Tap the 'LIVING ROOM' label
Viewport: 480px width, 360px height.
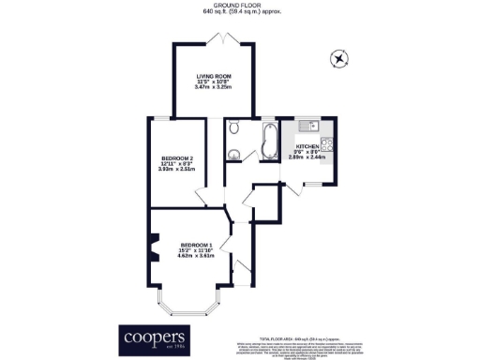(214, 78)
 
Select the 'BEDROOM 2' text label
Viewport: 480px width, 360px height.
(177, 157)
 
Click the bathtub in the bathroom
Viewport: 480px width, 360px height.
(269, 142)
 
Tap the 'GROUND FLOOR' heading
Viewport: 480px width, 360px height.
(239, 5)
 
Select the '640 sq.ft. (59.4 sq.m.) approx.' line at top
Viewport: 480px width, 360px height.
(239, 12)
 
